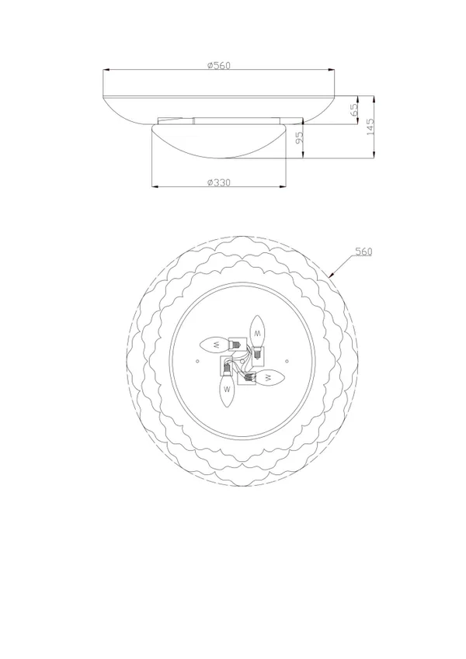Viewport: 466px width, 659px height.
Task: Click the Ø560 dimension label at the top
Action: (x=219, y=65)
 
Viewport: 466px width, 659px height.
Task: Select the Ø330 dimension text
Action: (x=219, y=182)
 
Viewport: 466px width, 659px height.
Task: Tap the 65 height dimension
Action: (x=354, y=109)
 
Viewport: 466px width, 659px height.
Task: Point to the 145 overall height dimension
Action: (x=370, y=127)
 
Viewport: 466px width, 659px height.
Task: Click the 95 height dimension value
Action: (x=299, y=137)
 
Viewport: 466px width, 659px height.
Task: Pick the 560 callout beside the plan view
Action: (x=363, y=251)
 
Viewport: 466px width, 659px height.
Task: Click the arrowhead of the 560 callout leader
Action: (x=332, y=276)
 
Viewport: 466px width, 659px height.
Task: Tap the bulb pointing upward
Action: (x=257, y=332)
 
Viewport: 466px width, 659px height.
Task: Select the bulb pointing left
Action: (x=215, y=345)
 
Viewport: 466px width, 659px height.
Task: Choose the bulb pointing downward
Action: (x=227, y=390)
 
